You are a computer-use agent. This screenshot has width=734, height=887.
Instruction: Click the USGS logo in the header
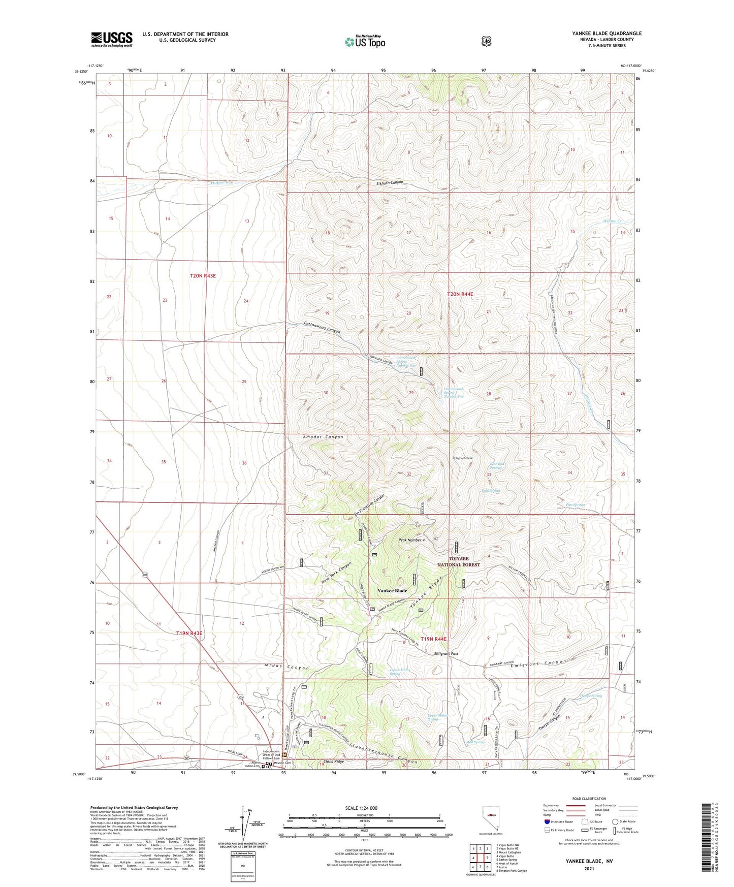click(112, 39)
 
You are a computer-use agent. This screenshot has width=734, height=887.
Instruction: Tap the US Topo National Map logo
click(364, 42)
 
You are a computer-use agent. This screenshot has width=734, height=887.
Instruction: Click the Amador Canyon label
click(323, 437)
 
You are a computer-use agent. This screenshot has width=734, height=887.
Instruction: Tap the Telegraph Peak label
click(463, 458)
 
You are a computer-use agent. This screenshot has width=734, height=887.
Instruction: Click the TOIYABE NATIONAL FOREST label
click(459, 561)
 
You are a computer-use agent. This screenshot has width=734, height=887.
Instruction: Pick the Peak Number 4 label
click(411, 540)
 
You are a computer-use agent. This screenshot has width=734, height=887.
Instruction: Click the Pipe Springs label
click(576, 505)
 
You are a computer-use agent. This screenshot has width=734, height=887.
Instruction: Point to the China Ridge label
click(334, 762)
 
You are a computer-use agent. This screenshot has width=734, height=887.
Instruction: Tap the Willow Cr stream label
click(612, 221)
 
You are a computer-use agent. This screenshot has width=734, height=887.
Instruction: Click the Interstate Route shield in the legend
click(547, 821)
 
